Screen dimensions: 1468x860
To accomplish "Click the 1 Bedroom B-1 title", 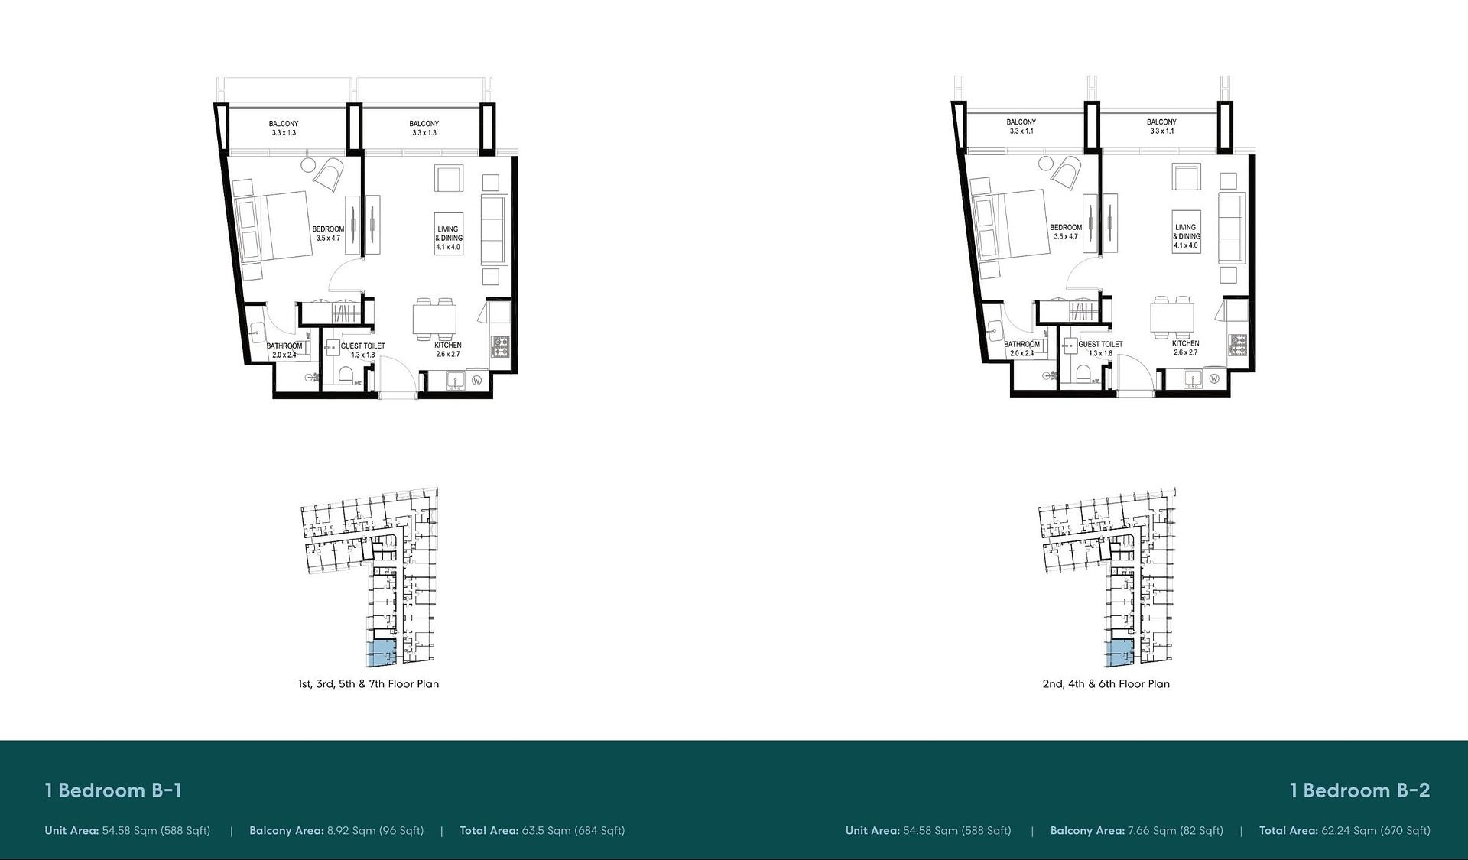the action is pyautogui.click(x=113, y=790).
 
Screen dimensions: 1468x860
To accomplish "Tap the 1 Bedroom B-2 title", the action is pyautogui.click(x=1359, y=790).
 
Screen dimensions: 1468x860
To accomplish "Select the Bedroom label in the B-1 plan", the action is pyautogui.click(x=328, y=229).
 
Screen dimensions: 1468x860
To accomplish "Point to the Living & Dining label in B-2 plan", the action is pyautogui.click(x=1187, y=232).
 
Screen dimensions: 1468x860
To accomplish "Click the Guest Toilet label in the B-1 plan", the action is pyautogui.click(x=362, y=346).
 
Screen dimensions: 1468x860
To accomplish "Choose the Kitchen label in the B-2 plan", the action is pyautogui.click(x=1185, y=343).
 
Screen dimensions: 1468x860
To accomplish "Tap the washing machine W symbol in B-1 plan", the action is pyautogui.click(x=477, y=380).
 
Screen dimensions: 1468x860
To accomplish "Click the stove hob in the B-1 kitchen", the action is pyautogui.click(x=501, y=347).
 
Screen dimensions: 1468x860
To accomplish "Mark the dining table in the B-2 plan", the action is pyautogui.click(x=1172, y=316).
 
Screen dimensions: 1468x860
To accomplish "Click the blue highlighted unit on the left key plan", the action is pyautogui.click(x=382, y=654).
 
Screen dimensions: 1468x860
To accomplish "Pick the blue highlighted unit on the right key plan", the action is pyautogui.click(x=1119, y=654).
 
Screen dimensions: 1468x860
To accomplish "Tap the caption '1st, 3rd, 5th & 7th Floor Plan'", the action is pyautogui.click(x=369, y=684).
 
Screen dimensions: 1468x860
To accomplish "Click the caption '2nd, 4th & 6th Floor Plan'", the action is pyautogui.click(x=1106, y=684).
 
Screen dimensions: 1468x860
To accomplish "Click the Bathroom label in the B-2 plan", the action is pyautogui.click(x=1021, y=344).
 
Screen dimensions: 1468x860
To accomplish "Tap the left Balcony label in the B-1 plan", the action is pyautogui.click(x=284, y=124).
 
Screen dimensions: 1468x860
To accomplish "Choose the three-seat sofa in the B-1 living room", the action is pyautogui.click(x=493, y=229).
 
